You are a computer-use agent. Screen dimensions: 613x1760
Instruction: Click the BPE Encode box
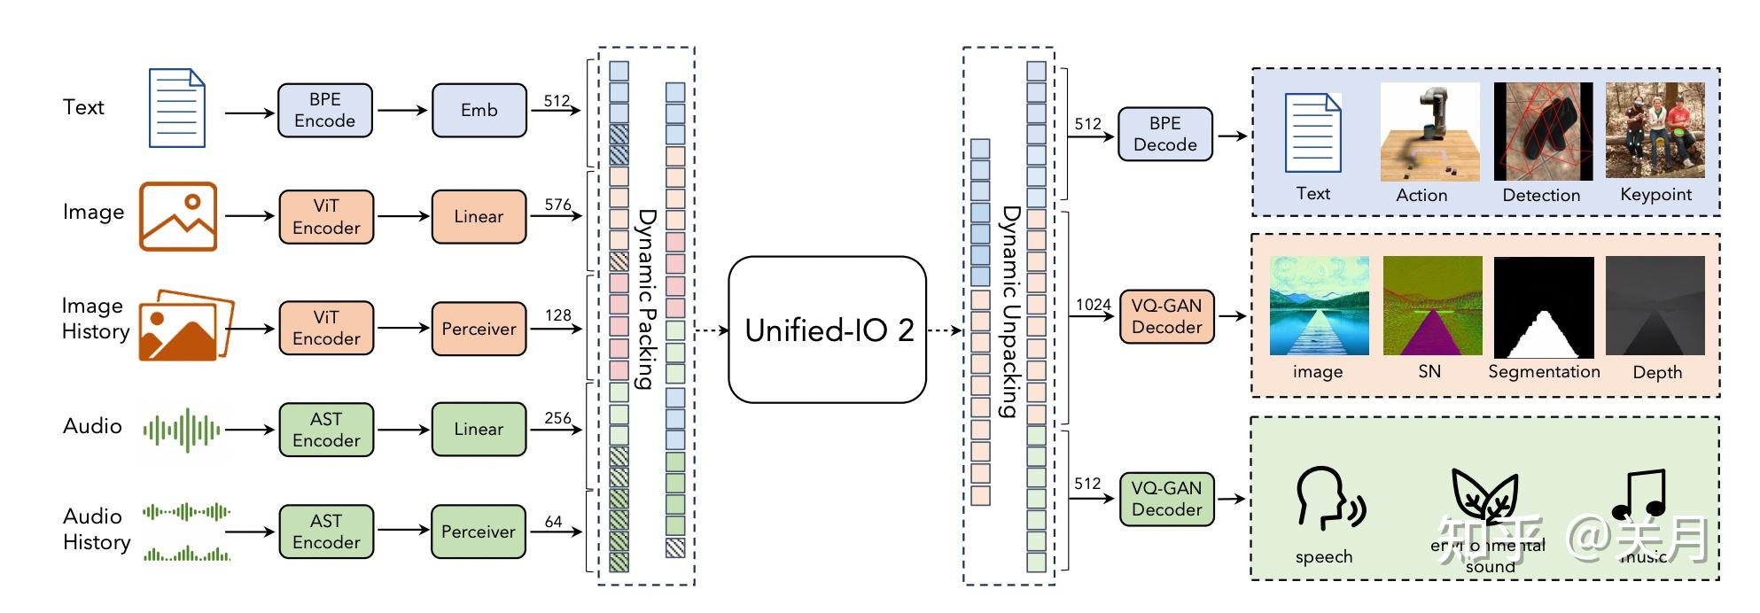pyautogui.click(x=324, y=111)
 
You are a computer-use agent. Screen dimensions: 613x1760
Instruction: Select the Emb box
pyautogui.click(x=479, y=111)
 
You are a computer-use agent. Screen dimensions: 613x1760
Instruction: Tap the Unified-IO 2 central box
pyautogui.click(x=827, y=330)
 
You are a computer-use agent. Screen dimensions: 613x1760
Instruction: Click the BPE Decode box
pyautogui.click(x=1164, y=135)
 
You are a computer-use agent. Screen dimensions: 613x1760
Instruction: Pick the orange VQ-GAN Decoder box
pyautogui.click(x=1166, y=316)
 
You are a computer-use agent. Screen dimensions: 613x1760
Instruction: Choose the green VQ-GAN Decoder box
pyautogui.click(x=1166, y=499)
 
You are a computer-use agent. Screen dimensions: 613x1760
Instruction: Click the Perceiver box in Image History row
pyautogui.click(x=479, y=329)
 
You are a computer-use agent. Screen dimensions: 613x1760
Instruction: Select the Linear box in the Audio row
pyautogui.click(x=479, y=430)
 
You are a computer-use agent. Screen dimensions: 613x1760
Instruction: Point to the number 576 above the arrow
pyautogui.click(x=557, y=205)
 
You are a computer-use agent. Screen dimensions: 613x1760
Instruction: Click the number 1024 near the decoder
pyautogui.click(x=1093, y=305)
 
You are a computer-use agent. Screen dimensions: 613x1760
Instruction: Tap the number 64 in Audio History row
pyautogui.click(x=553, y=522)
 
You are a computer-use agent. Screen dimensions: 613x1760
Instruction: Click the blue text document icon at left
pyautogui.click(x=177, y=108)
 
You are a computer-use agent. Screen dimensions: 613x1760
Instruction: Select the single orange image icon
pyautogui.click(x=178, y=216)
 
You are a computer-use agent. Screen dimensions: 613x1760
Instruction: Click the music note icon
pyautogui.click(x=1639, y=496)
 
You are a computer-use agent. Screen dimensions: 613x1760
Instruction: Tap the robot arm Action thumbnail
pyautogui.click(x=1429, y=132)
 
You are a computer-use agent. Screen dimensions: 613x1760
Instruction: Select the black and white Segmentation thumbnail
pyautogui.click(x=1544, y=307)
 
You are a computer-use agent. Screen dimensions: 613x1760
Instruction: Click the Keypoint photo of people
pyautogui.click(x=1655, y=131)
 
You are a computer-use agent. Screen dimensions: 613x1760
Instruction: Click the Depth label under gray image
pyautogui.click(x=1656, y=373)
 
